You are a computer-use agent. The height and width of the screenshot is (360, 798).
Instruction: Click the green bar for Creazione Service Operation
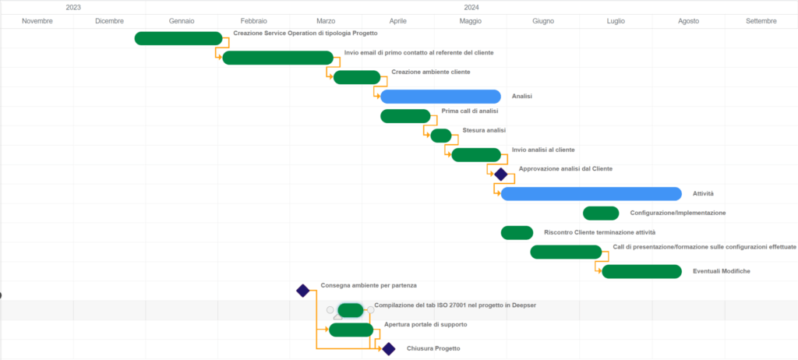pos(178,38)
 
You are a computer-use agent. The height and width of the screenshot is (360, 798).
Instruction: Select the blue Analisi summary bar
pos(441,97)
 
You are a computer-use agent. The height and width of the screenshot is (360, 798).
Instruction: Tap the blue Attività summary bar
pos(591,193)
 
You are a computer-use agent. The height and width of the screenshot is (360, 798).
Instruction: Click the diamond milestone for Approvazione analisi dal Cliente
pos(501,174)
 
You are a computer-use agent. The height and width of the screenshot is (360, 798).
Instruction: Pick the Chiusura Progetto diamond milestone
pos(388,349)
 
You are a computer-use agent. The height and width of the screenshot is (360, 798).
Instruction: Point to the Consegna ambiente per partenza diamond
pos(303,291)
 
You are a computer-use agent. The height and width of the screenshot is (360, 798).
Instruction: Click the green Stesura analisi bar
pos(441,136)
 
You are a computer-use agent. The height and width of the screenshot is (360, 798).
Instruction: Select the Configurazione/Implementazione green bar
pos(601,214)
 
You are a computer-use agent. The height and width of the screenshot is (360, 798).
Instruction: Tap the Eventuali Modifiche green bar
pos(642,271)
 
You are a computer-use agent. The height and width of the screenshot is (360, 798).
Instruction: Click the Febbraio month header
pos(254,21)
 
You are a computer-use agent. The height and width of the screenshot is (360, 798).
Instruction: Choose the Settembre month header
pos(761,21)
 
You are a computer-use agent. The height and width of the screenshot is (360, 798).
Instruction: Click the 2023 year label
pos(73,8)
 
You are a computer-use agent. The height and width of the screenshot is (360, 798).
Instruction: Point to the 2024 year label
pos(471,8)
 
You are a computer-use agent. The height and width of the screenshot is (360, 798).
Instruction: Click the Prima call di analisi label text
pos(470,111)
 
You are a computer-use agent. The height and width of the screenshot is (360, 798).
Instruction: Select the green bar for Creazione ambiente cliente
pos(357,77)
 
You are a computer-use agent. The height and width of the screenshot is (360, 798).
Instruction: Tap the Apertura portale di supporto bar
pos(351,330)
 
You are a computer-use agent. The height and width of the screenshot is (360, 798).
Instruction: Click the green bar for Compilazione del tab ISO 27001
pos(351,310)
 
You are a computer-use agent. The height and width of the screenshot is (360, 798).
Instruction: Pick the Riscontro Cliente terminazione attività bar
pos(517,233)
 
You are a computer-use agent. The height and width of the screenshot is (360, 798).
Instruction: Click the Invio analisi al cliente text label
pos(543,150)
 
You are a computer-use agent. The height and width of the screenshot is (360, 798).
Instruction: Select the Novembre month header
pos(37,21)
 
